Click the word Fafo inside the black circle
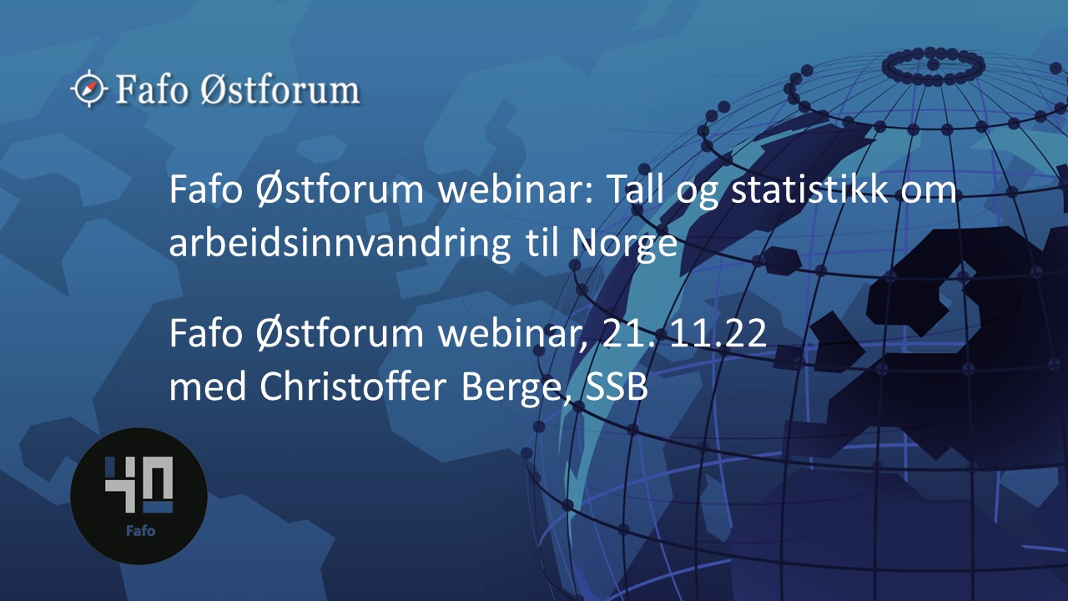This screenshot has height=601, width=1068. (139, 530)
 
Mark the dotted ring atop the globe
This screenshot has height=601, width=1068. (933, 64)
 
